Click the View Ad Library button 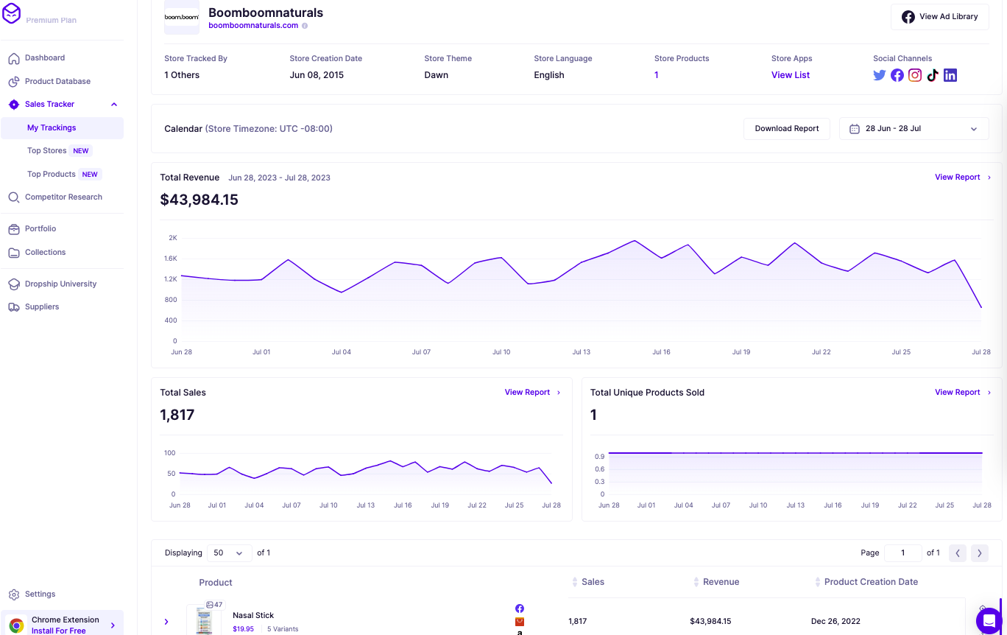click(x=939, y=17)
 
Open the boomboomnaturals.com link click(x=253, y=25)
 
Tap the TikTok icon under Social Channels click(x=933, y=75)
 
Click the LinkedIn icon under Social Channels click(x=950, y=75)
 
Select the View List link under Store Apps click(x=791, y=75)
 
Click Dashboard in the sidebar click(x=45, y=57)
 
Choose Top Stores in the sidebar click(x=47, y=150)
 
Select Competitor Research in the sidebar click(x=63, y=197)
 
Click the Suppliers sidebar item click(x=42, y=306)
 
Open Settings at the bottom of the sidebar click(x=40, y=594)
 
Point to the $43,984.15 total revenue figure click(x=199, y=200)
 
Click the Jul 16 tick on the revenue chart click(x=661, y=352)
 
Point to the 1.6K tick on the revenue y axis click(x=170, y=259)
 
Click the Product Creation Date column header click(x=871, y=582)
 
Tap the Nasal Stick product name click(x=253, y=615)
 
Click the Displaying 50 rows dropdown click(x=228, y=552)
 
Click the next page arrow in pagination click(x=979, y=552)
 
